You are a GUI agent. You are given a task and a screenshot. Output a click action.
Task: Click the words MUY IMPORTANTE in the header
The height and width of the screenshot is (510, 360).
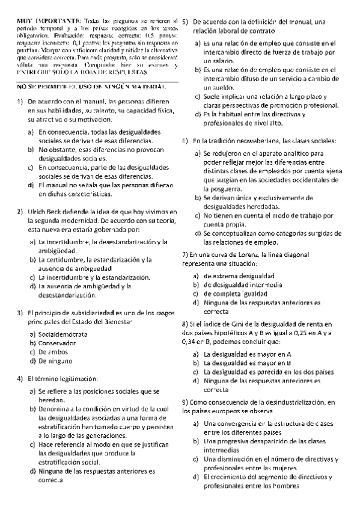[x=40, y=21]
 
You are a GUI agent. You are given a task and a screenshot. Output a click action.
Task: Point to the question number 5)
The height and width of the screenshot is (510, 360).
[x=186, y=21]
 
